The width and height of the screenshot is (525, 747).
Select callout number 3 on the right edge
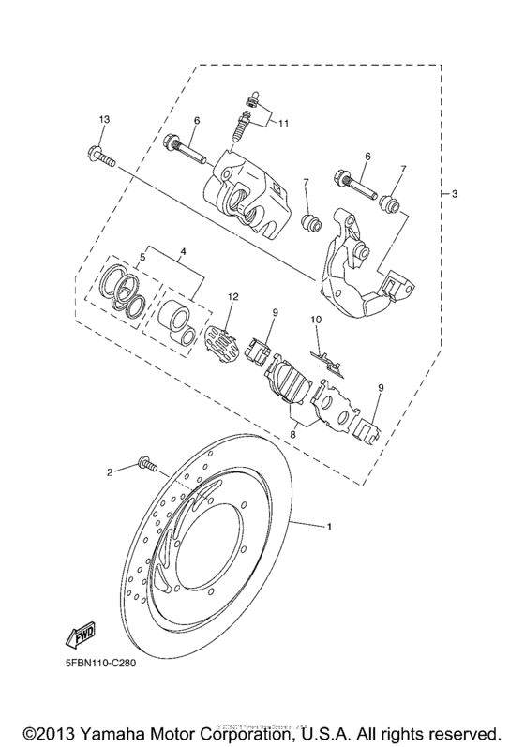[454, 194]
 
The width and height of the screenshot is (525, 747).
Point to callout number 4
[184, 251]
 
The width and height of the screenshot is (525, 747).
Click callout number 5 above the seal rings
[142, 256]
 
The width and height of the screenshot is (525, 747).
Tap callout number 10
[316, 321]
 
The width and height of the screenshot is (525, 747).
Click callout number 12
[232, 297]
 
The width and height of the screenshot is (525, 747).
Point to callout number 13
[104, 119]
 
